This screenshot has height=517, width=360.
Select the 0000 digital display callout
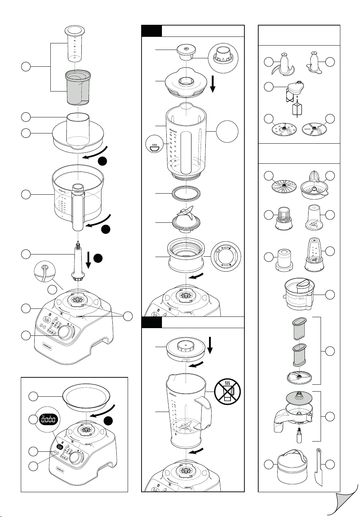click(x=49, y=420)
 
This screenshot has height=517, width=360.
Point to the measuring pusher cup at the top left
click(x=74, y=43)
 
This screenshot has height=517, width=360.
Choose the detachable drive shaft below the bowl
click(x=78, y=261)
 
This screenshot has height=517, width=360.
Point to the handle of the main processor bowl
click(x=78, y=208)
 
